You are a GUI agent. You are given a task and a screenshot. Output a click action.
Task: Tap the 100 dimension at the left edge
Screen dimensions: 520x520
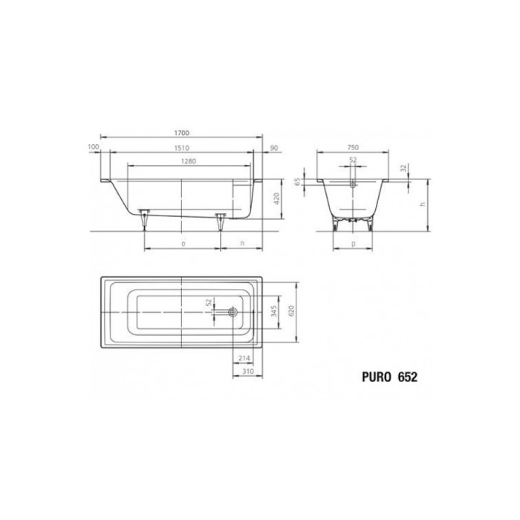(93, 146)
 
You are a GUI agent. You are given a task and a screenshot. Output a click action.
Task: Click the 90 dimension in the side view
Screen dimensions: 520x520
(273, 147)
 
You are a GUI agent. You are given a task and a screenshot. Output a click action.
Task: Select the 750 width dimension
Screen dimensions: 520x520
(354, 147)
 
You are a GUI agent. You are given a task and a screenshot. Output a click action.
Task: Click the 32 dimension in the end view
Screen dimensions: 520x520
(403, 169)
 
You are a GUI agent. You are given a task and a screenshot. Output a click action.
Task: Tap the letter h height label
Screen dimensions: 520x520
(422, 204)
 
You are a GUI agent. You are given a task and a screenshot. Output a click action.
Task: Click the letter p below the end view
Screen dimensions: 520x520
(353, 244)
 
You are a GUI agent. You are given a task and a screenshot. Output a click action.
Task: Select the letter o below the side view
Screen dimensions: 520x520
(183, 244)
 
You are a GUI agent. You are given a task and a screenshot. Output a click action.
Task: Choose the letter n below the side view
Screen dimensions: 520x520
(242, 244)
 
